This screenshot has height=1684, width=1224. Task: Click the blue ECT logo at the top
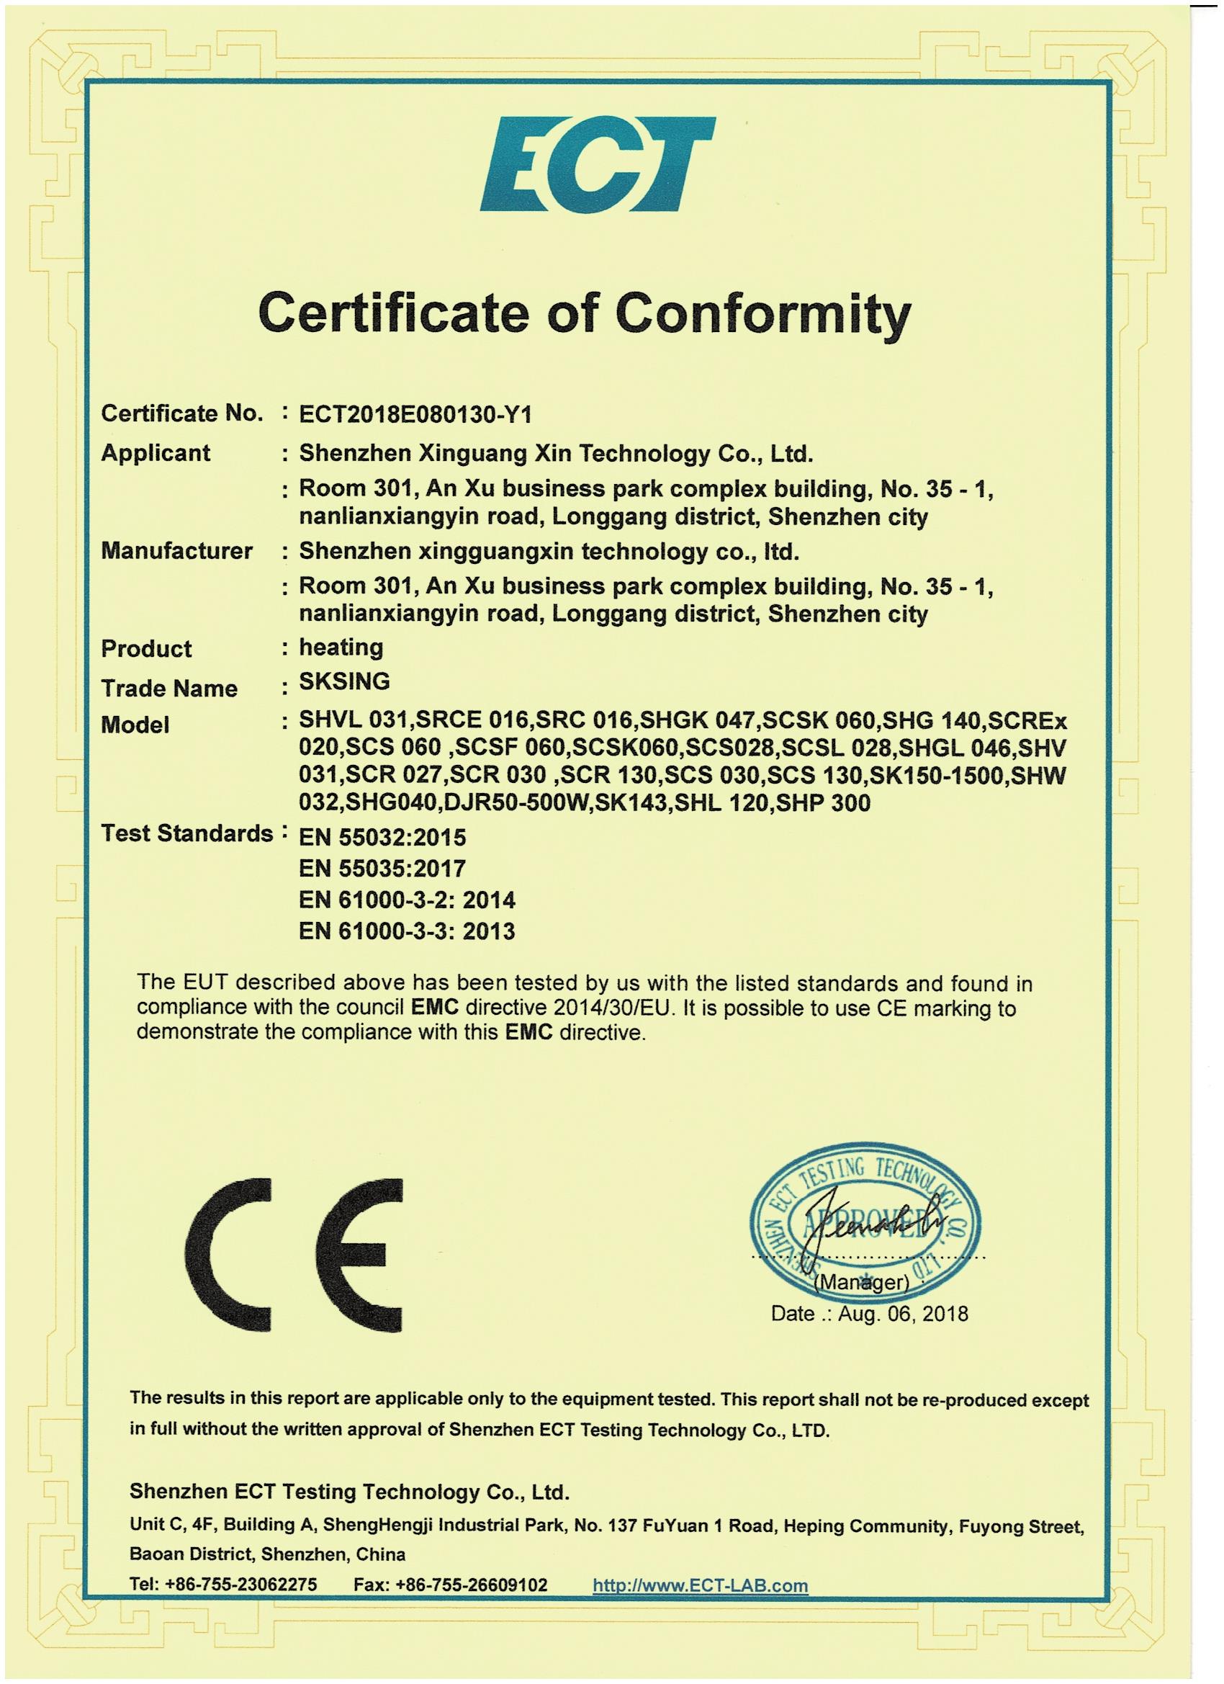click(x=597, y=165)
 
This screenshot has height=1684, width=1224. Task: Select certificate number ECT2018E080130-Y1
click(x=415, y=415)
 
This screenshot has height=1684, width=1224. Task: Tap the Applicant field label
click(x=156, y=453)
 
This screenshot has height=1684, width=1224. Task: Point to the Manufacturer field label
click(x=176, y=551)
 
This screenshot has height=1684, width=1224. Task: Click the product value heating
click(x=341, y=648)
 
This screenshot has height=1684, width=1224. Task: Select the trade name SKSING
click(x=344, y=681)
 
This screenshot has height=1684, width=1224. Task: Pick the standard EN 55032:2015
click(x=382, y=838)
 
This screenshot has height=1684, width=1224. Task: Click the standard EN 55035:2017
click(x=382, y=869)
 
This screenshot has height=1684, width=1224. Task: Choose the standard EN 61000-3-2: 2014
click(x=407, y=900)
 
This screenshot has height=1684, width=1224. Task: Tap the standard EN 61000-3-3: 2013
click(x=407, y=932)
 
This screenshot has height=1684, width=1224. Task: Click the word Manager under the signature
click(x=861, y=1282)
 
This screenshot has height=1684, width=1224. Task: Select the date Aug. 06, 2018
click(x=903, y=1314)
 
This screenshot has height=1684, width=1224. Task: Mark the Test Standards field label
click(x=187, y=835)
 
